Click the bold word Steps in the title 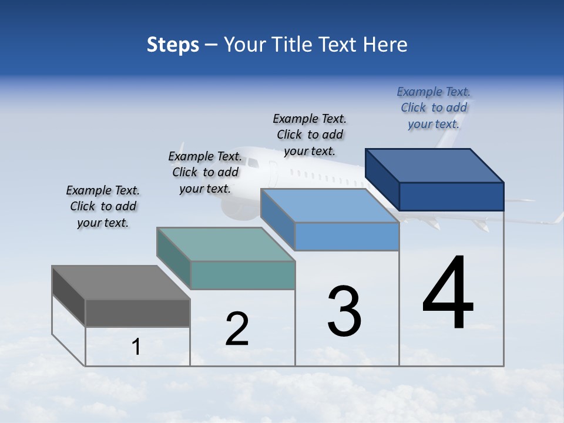click(x=173, y=45)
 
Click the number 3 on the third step click(x=344, y=311)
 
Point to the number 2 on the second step click(x=237, y=329)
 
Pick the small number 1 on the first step click(x=136, y=347)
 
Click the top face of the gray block click(x=121, y=282)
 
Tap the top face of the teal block click(x=226, y=244)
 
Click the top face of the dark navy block click(x=435, y=165)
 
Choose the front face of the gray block click(x=137, y=313)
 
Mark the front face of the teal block click(x=243, y=275)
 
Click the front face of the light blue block click(x=347, y=237)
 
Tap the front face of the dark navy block click(x=451, y=196)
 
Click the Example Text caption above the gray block click(x=103, y=206)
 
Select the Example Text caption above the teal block click(x=205, y=172)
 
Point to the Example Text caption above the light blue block click(x=310, y=135)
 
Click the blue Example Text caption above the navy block click(x=434, y=108)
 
